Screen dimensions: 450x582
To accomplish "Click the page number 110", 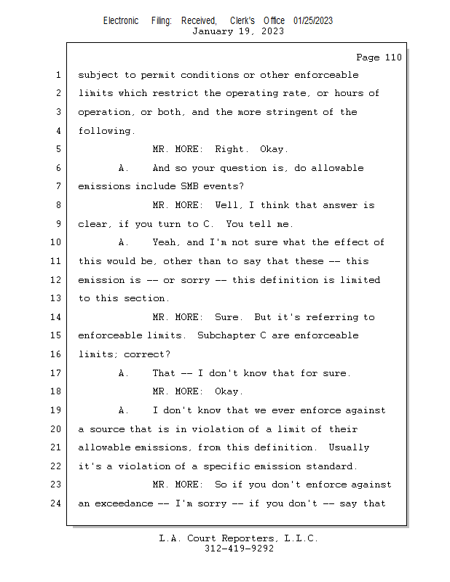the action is pyautogui.click(x=393, y=57).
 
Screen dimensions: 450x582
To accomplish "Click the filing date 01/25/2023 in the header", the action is pyautogui.click(x=313, y=21).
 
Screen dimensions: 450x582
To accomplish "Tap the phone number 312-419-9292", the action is pyautogui.click(x=239, y=549).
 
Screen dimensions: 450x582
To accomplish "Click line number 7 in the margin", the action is pyautogui.click(x=58, y=186).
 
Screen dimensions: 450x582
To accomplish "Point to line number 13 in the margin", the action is pyautogui.click(x=55, y=298).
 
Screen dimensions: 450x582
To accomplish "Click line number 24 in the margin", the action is pyautogui.click(x=55, y=503).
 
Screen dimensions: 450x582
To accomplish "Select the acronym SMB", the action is pyautogui.click(x=189, y=186).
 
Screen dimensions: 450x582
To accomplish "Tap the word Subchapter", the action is pyautogui.click(x=226, y=335).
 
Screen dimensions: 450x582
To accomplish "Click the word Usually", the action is pyautogui.click(x=349, y=447).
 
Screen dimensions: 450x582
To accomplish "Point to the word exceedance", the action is pyautogui.click(x=124, y=503).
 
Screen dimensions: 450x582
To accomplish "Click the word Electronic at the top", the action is pyautogui.click(x=121, y=21).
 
